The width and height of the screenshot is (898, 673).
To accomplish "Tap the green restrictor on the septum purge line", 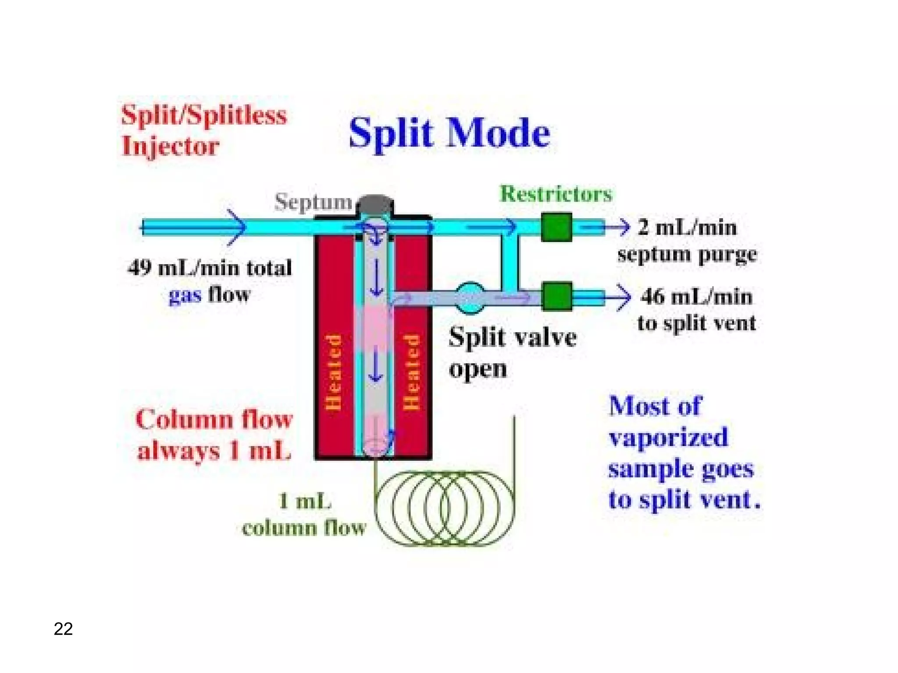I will point(556,227).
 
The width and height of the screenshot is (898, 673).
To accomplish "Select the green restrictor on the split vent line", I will point(557,297).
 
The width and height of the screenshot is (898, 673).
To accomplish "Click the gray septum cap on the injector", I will point(375,204).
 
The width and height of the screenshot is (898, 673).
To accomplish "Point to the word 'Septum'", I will point(313,202).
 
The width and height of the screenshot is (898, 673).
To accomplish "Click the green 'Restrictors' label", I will point(556,194).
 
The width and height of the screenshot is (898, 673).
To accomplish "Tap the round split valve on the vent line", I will point(470,298).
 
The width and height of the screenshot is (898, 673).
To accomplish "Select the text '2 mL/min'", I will point(687,228).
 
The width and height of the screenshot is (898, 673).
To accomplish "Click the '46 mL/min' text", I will point(696,297).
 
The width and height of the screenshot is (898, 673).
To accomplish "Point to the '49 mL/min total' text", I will point(210,268).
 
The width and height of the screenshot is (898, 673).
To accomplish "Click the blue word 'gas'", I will point(185,295).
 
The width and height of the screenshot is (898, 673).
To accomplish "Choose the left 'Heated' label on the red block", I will point(333,372).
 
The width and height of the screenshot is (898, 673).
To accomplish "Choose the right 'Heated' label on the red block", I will point(411,372).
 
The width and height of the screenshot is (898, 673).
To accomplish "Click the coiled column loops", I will point(444,508).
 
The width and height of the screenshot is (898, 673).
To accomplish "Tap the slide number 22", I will point(63,629).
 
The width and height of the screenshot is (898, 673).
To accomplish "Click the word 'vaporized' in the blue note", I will point(668,437).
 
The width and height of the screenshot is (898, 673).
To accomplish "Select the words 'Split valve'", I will point(512,337).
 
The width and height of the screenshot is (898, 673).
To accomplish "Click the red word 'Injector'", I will point(170,146).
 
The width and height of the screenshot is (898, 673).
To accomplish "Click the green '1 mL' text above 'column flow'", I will point(305,501).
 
